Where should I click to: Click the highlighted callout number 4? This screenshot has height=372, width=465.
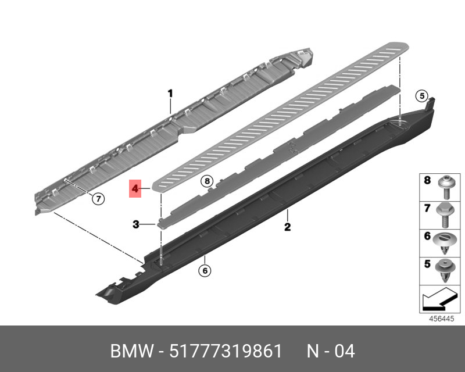(135, 188)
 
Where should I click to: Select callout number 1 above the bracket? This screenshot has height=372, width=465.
(170, 93)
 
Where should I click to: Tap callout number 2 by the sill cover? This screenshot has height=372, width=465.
(287, 227)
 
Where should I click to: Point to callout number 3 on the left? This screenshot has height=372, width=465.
(135, 224)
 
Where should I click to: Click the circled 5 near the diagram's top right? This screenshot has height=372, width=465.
(422, 96)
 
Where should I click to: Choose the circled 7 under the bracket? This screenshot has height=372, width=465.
(99, 199)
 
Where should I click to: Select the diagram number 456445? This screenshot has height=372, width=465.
(440, 319)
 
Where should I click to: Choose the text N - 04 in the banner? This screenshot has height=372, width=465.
(330, 352)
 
